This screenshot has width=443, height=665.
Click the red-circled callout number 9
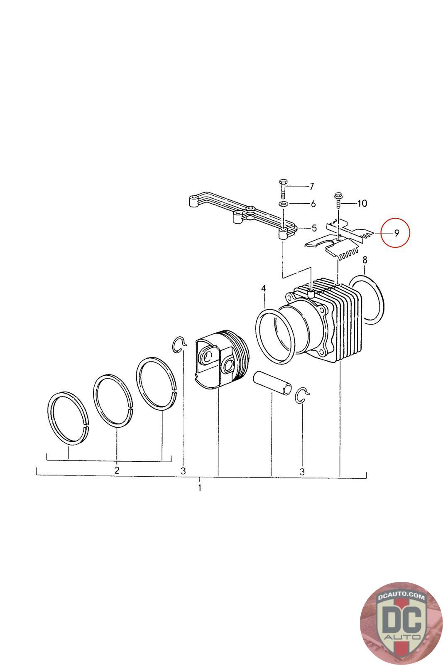pyautogui.click(x=396, y=233)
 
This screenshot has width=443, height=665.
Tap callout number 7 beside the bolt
pyautogui.click(x=312, y=187)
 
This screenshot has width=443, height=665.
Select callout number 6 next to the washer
pyautogui.click(x=313, y=204)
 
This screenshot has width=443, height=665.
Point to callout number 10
pyautogui.click(x=362, y=203)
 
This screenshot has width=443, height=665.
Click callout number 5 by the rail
pyautogui.click(x=314, y=228)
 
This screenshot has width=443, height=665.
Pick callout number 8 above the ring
pyautogui.click(x=365, y=260)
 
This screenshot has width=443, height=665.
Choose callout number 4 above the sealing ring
pyautogui.click(x=264, y=288)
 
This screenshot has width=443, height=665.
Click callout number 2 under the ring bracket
pyautogui.click(x=117, y=470)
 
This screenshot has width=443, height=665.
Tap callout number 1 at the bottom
pyautogui.click(x=200, y=488)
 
